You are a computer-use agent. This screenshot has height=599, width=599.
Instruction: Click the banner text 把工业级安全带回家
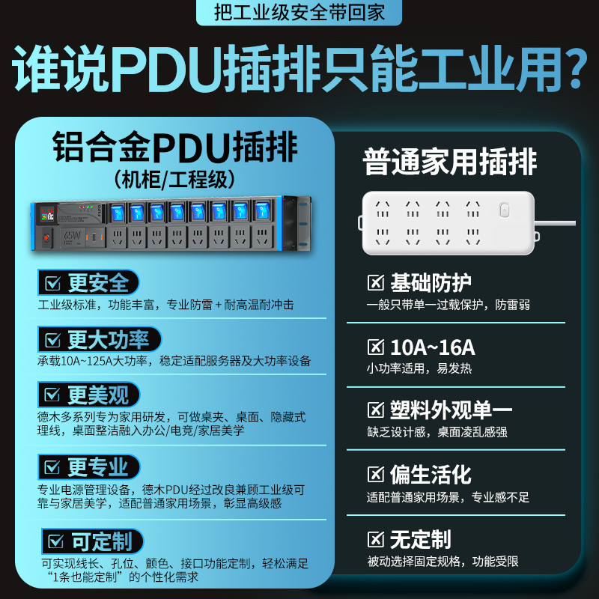(x=299, y=12)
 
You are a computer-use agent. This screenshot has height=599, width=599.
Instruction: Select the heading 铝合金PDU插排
(x=175, y=147)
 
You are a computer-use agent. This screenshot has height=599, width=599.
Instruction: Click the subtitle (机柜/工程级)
(x=174, y=180)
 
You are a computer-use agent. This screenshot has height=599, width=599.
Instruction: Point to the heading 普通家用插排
(x=450, y=162)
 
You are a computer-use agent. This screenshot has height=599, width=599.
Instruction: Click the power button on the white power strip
(x=504, y=210)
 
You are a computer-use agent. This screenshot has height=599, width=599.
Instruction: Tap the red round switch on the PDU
(x=46, y=238)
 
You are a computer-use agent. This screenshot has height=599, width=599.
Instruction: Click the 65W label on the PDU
(x=72, y=236)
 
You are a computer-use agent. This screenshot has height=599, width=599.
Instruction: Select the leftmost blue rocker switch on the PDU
(x=117, y=213)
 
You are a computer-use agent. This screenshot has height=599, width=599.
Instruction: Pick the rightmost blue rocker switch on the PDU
(x=263, y=210)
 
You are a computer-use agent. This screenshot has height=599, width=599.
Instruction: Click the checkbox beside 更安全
(x=52, y=283)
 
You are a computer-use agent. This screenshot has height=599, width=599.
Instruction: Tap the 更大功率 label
(x=108, y=339)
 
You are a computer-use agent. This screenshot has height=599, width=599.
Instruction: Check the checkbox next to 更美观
(x=52, y=395)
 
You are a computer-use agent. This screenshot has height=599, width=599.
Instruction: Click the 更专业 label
(x=98, y=466)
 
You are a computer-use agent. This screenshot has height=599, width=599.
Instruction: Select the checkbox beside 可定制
(x=56, y=541)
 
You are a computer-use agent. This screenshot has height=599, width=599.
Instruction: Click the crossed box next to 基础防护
(x=376, y=283)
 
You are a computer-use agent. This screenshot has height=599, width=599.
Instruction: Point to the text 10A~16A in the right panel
(x=433, y=347)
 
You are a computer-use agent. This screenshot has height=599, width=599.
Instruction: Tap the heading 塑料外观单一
(x=451, y=410)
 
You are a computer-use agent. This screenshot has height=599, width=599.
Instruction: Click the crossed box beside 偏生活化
(x=376, y=475)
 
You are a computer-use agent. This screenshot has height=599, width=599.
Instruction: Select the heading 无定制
(x=420, y=539)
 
